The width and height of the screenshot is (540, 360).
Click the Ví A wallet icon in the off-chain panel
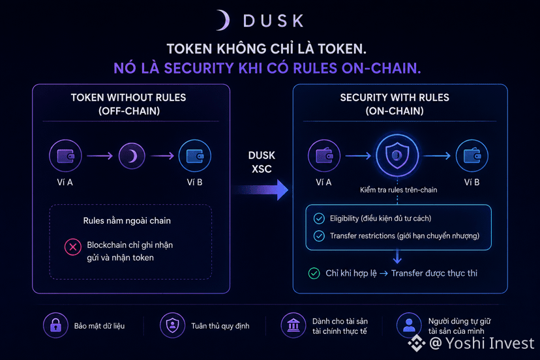(65, 156)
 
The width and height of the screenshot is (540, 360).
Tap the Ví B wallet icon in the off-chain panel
(195, 156)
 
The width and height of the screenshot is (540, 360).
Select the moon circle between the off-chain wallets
(132, 156)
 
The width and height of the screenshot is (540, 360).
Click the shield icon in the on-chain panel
(397, 155)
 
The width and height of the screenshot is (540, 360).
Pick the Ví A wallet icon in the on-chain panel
(324, 156)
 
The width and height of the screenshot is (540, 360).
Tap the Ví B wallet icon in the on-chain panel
(472, 156)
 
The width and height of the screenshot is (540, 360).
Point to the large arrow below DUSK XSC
(260, 190)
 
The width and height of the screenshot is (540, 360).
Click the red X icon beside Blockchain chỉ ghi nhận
(72, 247)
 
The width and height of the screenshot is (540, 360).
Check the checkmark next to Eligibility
(319, 218)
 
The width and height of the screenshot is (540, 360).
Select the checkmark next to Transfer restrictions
(319, 236)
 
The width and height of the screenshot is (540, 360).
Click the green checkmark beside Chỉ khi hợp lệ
(314, 273)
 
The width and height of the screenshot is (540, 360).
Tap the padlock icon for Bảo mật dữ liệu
(55, 325)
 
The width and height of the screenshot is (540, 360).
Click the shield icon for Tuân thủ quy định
(173, 325)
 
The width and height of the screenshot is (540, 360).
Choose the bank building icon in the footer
(293, 325)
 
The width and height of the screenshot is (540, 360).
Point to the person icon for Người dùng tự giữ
(409, 325)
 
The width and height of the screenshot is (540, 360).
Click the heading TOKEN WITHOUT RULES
(128, 98)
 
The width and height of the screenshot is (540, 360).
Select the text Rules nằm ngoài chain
(127, 221)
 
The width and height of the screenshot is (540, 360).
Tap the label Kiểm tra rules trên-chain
(398, 190)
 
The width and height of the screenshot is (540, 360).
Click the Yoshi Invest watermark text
(482, 343)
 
